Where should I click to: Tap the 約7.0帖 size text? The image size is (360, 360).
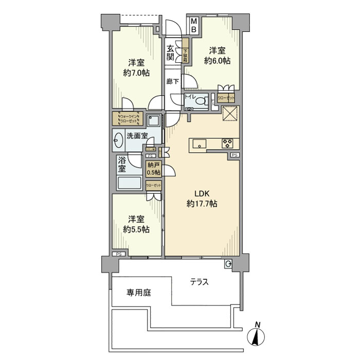136,73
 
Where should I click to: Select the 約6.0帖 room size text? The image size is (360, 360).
217,60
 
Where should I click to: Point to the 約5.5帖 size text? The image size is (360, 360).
136,229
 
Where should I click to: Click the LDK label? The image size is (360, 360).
202,194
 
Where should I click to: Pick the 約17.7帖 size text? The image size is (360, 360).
202,204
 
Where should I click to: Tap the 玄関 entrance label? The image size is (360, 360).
170,53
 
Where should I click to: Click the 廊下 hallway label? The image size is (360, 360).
172,81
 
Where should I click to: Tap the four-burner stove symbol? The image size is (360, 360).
228,143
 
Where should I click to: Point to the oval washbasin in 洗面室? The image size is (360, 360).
118,138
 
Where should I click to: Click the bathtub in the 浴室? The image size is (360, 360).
131,184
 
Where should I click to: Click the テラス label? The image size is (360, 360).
199,282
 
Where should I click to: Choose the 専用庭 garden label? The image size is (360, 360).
139,293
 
